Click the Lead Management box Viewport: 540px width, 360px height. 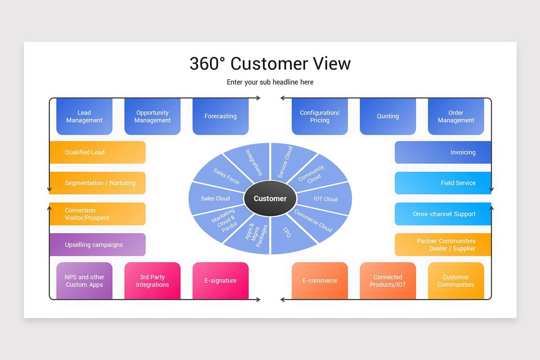click(x=84, y=117)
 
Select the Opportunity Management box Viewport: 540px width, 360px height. click(x=153, y=117)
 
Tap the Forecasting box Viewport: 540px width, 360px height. click(x=220, y=117)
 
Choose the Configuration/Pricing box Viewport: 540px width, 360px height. click(x=319, y=117)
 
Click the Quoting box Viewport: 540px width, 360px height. click(x=388, y=117)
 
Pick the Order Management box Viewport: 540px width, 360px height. click(x=456, y=117)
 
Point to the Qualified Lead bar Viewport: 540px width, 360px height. click(x=97, y=153)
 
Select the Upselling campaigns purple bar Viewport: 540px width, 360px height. click(x=97, y=245)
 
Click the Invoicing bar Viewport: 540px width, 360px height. click(x=443, y=153)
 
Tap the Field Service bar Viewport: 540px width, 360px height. click(x=443, y=183)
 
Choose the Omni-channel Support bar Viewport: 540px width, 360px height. click(x=443, y=214)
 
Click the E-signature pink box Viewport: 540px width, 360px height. click(x=220, y=281)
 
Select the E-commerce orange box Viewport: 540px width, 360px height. click(x=319, y=281)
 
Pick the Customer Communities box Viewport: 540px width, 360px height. click(x=456, y=281)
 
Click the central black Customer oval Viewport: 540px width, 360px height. click(x=270, y=198)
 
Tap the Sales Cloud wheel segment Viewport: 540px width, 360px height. click(x=215, y=198)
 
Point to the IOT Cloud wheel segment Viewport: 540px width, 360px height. click(x=326, y=199)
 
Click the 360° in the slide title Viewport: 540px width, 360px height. click(x=207, y=63)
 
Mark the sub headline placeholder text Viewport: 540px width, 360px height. click(x=270, y=82)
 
